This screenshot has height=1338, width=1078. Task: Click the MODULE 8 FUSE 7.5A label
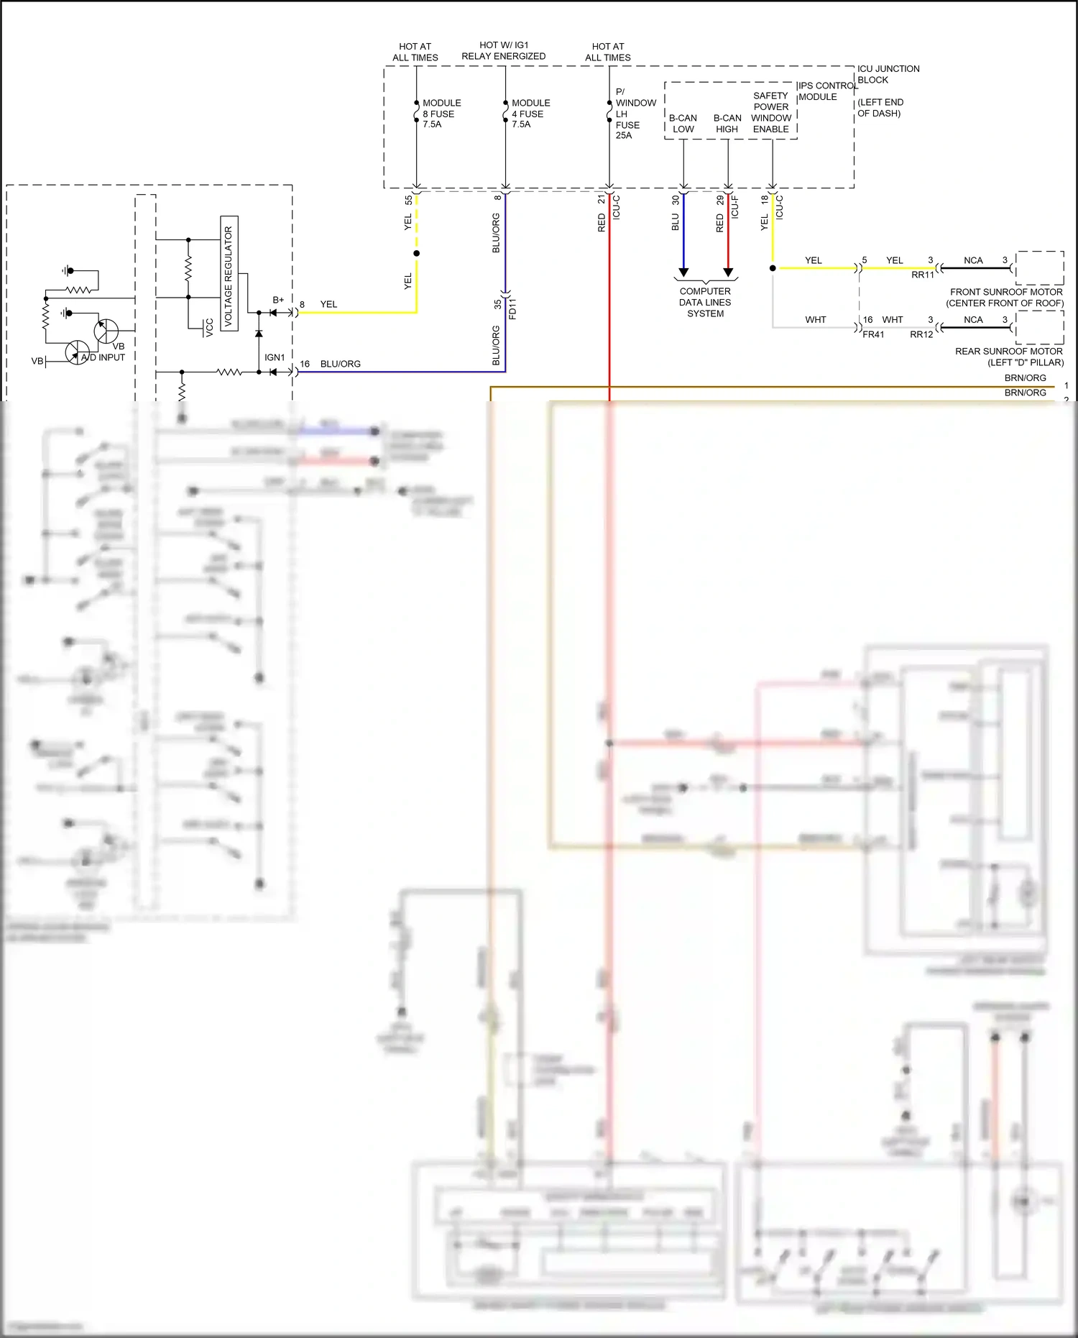441,114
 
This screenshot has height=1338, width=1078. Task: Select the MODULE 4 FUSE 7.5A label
530,114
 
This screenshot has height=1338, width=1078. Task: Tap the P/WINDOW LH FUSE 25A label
635,114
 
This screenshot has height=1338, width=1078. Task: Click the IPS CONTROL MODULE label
826,91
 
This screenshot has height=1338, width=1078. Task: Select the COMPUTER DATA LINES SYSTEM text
705,302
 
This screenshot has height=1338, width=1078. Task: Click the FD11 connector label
512,308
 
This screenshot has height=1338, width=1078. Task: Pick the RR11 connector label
922,275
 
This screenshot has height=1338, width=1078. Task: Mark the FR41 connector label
873,334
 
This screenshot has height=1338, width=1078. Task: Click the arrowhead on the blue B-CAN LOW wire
683,272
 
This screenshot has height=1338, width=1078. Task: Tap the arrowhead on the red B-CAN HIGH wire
728,272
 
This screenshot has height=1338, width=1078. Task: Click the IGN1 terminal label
275,357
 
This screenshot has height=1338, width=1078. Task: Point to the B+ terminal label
278,300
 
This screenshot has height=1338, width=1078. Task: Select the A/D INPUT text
103,357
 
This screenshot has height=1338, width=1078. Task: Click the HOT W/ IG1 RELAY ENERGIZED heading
503,50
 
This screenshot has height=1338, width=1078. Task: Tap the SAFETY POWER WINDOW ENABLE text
770,112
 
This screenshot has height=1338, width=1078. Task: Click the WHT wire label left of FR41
815,319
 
